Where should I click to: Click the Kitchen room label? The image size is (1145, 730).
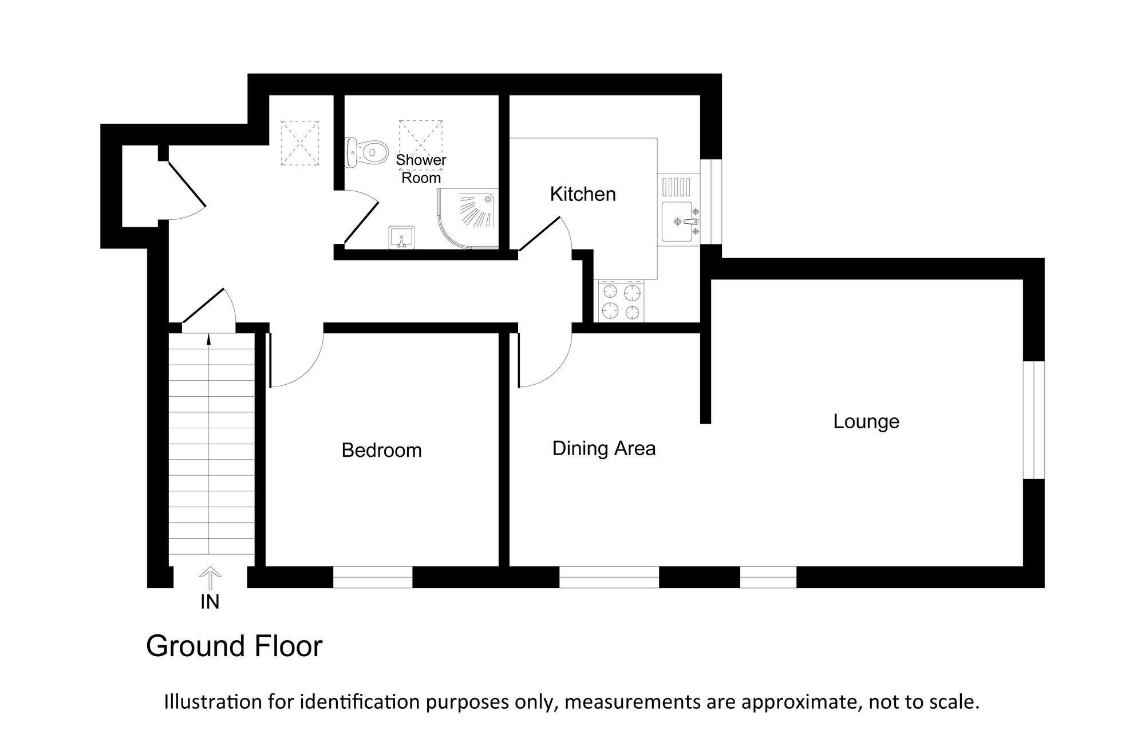pyautogui.click(x=583, y=195)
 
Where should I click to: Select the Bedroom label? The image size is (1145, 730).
pyautogui.click(x=381, y=451)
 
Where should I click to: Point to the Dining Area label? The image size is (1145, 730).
pyautogui.click(x=604, y=448)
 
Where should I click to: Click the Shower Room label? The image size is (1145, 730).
pyautogui.click(x=421, y=169)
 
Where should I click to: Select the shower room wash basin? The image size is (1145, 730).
pyautogui.click(x=402, y=238)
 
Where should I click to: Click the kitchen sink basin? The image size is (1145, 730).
pyautogui.click(x=678, y=222)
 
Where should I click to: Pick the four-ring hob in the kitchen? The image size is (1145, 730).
pyautogui.click(x=621, y=302)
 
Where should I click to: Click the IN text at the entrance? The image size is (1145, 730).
pyautogui.click(x=210, y=602)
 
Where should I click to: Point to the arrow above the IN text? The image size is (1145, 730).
pyautogui.click(x=210, y=578)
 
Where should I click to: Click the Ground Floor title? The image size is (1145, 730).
pyautogui.click(x=234, y=646)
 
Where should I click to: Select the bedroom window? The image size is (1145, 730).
pyautogui.click(x=373, y=577)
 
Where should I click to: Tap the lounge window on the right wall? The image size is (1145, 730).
pyautogui.click(x=1034, y=420)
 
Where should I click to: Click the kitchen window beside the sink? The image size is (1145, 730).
pyautogui.click(x=711, y=201)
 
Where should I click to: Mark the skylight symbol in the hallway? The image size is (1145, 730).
pyautogui.click(x=299, y=143)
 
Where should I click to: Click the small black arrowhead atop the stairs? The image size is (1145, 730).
pyautogui.click(x=209, y=340)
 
